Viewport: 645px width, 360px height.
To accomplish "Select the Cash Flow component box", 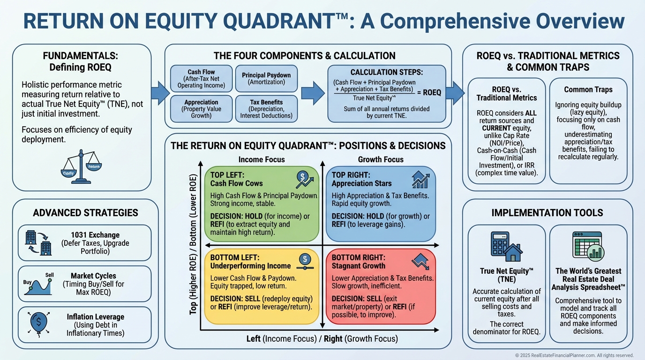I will pos(201,79).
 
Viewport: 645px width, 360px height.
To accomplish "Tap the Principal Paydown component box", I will pos(266,78).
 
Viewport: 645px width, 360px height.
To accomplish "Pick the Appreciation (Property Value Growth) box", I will pos(201,109).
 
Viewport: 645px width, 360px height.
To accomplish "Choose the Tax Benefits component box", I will pos(266,109).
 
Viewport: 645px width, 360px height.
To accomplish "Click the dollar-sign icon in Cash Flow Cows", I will pos(304,179).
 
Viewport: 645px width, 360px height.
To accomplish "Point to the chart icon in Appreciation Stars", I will pos(420,179).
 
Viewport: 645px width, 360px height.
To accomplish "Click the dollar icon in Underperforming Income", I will pos(305,260).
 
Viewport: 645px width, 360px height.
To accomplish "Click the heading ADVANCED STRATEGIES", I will pos(85,213).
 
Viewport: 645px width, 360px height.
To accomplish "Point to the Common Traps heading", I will pos(588,89).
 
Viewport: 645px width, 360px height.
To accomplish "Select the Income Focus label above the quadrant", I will pos(262,159).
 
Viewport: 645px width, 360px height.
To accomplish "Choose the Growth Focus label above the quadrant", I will pos(380,159).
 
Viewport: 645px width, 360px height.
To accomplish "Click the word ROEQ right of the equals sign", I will pos(432,92).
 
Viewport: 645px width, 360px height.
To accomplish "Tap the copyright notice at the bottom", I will pos(574,355).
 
